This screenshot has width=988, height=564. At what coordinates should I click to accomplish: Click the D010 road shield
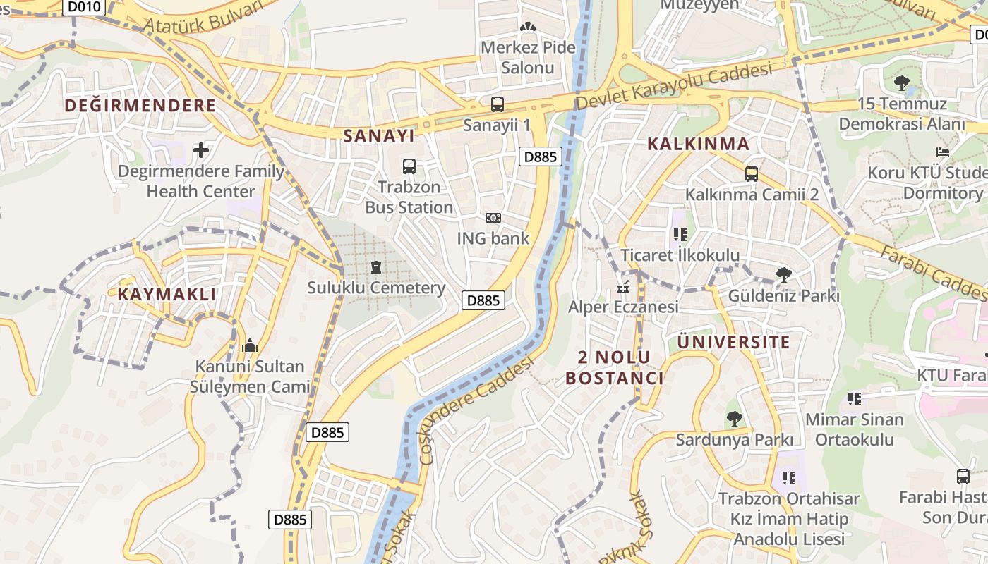[x=84, y=7]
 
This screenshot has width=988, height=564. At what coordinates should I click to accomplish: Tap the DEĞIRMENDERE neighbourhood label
[x=140, y=106]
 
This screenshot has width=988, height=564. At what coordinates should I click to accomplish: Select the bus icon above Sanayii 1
[x=498, y=104]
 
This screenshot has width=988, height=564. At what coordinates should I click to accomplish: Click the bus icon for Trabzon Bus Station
[x=409, y=166]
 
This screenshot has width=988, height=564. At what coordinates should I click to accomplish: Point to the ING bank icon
[x=493, y=218]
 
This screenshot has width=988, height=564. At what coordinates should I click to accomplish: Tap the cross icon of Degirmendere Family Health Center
[x=201, y=150]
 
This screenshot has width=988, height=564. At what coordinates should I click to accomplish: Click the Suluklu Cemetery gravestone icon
[x=375, y=267]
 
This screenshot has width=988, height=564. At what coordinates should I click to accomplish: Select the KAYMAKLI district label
[x=167, y=294]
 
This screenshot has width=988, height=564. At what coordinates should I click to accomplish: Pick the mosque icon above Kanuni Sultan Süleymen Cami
[x=249, y=346]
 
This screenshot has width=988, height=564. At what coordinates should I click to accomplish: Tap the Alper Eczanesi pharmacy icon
[x=623, y=287]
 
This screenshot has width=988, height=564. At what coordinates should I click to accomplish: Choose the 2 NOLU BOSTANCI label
[x=614, y=367]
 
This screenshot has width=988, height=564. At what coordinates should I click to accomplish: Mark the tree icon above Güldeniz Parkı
[x=783, y=275]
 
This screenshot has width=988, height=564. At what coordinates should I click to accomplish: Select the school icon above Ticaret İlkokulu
[x=680, y=235]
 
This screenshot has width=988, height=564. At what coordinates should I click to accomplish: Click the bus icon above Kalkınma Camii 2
[x=752, y=173]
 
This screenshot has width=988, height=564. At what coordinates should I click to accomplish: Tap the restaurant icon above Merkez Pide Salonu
[x=527, y=27]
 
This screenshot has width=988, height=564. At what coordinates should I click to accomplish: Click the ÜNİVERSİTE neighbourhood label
[x=733, y=343]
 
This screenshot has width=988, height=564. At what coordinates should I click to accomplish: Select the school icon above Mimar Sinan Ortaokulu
[x=855, y=399]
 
